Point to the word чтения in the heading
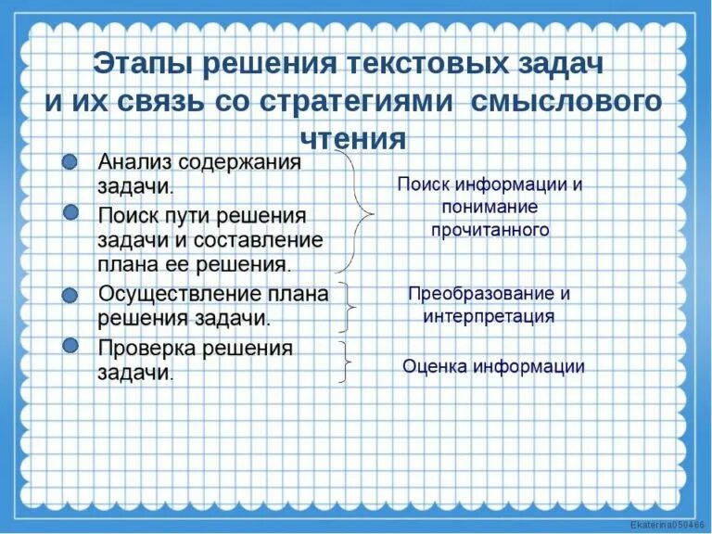coord(353,137)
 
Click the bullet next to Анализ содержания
coord(70,162)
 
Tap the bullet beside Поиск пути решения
coord(70,213)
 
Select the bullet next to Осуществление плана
coord(70,295)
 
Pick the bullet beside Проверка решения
coord(70,345)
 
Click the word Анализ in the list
coord(134,162)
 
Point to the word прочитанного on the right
coord(490,230)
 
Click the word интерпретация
coord(489,316)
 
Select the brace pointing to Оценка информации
coord(346,361)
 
